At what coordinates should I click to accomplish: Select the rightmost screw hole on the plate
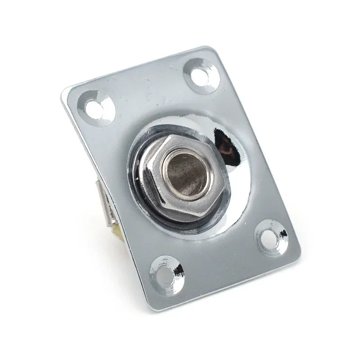(x=271, y=236)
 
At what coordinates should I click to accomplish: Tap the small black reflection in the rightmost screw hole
(x=283, y=234)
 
